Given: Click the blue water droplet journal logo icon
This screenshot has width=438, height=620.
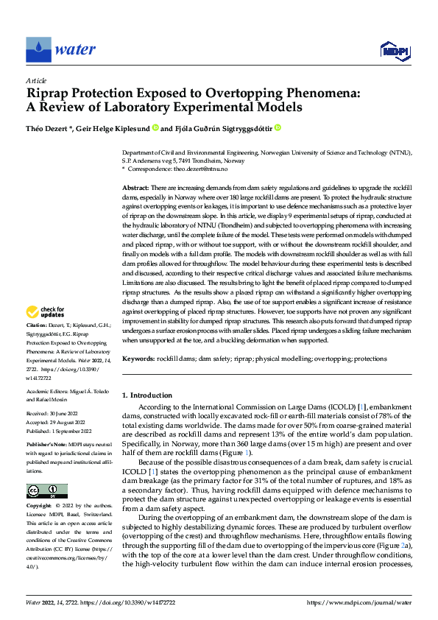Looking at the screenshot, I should (x=38, y=49).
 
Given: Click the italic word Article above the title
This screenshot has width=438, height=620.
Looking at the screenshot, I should (x=36, y=80).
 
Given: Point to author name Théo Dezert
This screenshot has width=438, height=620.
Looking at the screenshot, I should (x=49, y=127).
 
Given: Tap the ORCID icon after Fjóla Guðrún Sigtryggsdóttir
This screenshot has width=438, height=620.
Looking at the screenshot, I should (x=278, y=127).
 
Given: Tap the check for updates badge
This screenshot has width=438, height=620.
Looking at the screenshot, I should (x=47, y=332).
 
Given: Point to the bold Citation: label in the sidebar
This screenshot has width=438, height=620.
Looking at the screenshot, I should (x=38, y=345).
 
